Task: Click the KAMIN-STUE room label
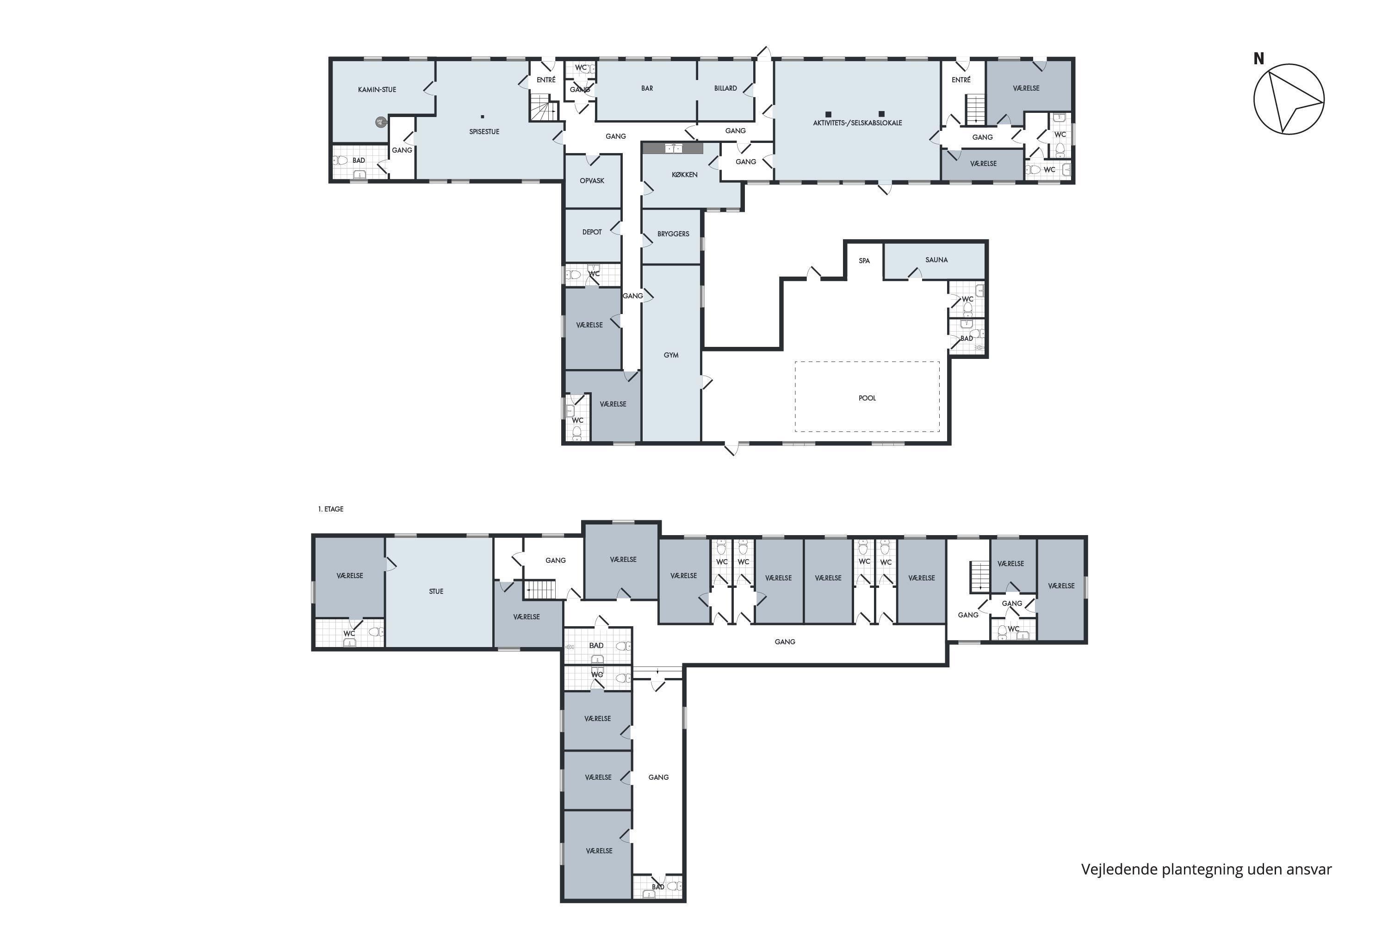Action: (377, 90)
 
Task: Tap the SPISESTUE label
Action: (484, 131)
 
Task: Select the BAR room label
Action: (647, 88)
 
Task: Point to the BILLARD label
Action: (726, 88)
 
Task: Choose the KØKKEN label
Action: (685, 175)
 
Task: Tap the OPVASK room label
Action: (592, 180)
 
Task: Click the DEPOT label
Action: (592, 232)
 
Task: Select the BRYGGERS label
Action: (673, 234)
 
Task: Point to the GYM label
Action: (671, 355)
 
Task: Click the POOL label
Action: (867, 398)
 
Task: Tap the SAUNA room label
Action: (936, 259)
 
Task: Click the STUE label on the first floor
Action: (436, 591)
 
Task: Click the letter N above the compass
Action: (1259, 58)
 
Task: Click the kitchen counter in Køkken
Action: (673, 148)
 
